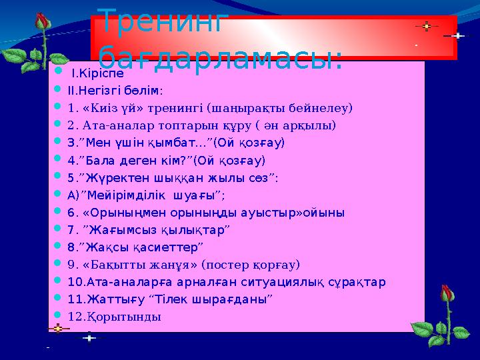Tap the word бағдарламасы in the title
220,56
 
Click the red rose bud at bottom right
445,297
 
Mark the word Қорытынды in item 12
124,317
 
